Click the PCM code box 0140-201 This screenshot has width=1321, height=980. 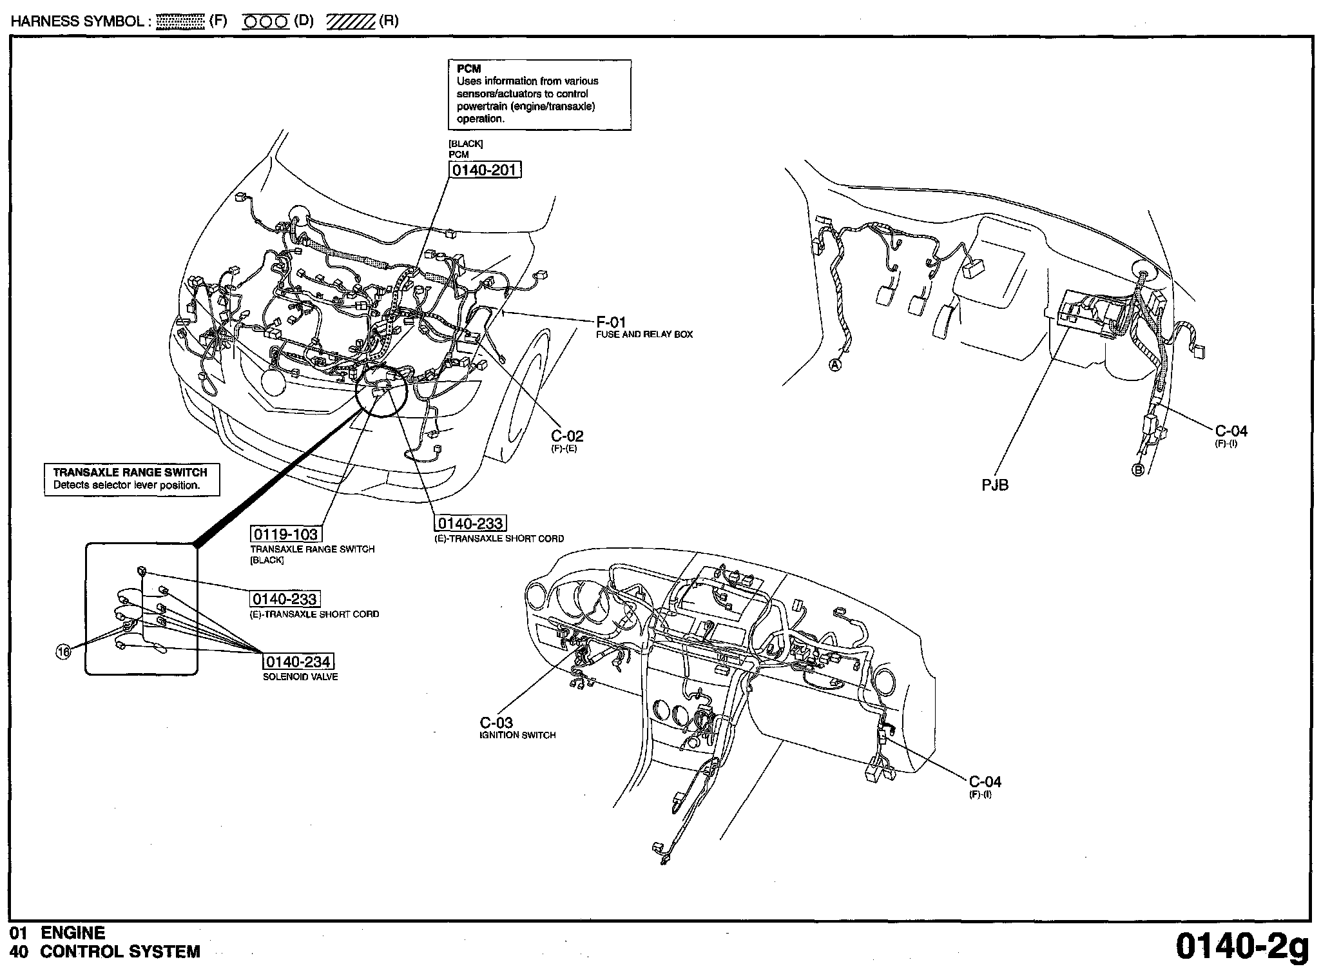point(485,170)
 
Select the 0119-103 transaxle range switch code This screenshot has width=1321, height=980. point(285,534)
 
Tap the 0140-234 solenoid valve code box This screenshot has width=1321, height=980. point(298,662)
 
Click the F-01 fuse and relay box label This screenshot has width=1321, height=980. point(611,322)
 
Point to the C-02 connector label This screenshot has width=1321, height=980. point(567,436)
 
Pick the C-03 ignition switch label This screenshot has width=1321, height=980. point(496,723)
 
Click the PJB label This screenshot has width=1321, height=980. point(995,485)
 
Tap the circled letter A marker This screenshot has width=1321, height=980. point(834,365)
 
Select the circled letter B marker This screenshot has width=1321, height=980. point(1138,470)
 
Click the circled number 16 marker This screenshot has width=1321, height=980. point(63,652)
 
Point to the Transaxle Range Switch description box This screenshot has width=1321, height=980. point(131,479)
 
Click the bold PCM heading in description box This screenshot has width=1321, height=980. point(468,69)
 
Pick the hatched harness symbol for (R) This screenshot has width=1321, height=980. point(351,22)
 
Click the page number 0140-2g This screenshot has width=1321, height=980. point(1242,946)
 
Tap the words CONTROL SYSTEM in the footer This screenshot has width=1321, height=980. point(120,952)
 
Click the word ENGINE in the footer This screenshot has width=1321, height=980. point(73,933)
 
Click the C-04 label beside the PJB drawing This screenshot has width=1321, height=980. point(1231,431)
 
